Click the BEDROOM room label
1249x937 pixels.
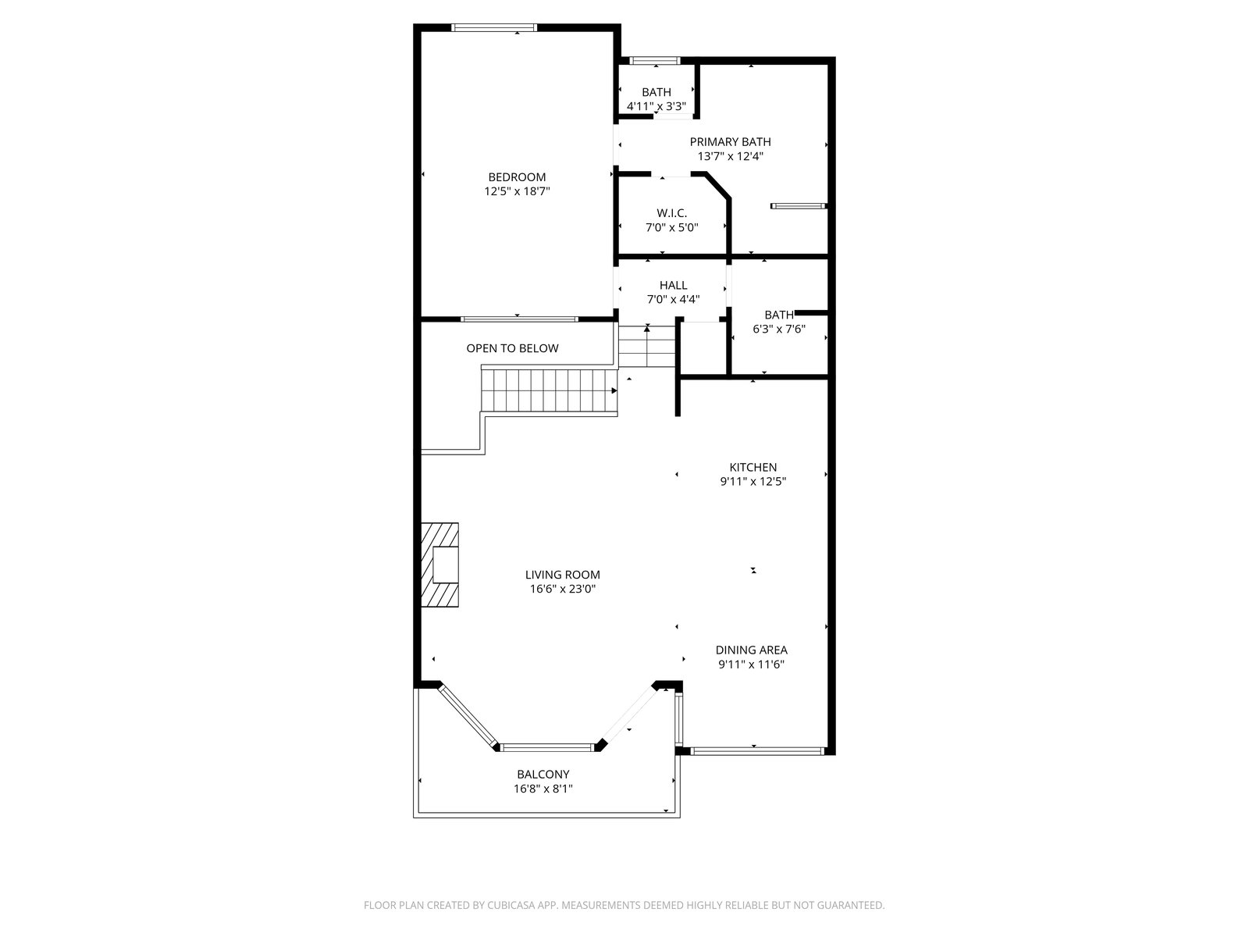pos(517,177)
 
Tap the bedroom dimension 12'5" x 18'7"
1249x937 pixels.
pos(517,191)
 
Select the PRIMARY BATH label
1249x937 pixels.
pos(730,141)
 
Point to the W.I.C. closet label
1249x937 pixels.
pos(671,212)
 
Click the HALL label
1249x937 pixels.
pos(673,285)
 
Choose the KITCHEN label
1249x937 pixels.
pos(753,467)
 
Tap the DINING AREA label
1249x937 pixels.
pos(751,650)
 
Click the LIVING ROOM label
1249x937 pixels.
pos(562,575)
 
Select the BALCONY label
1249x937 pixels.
pos(543,775)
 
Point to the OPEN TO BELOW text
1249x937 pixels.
pos(512,348)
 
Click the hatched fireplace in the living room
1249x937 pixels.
pos(439,565)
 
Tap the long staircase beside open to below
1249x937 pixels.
pos(549,390)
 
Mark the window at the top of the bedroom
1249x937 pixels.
pos(494,27)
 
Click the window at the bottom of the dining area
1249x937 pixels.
pos(756,751)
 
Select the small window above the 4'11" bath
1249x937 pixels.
pos(654,60)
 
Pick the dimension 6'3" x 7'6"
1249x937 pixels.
pos(779,329)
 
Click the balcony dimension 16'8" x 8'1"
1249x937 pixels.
pos(543,789)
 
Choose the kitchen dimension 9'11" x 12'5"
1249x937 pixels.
pos(753,481)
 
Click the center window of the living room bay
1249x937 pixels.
pos(547,747)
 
